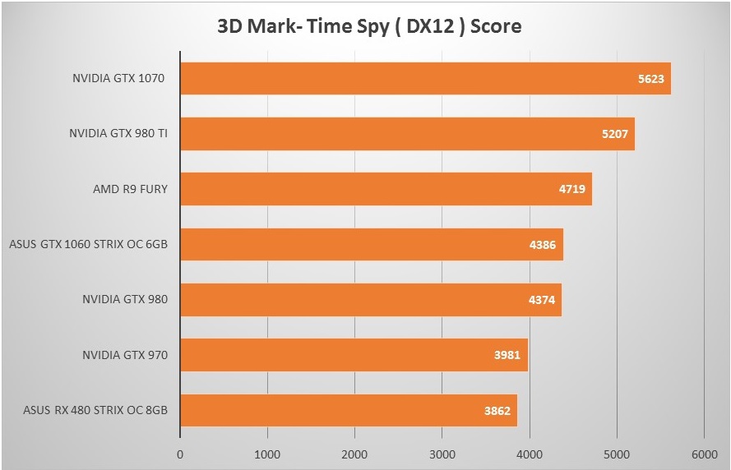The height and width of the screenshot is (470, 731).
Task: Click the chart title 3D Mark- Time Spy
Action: (x=369, y=27)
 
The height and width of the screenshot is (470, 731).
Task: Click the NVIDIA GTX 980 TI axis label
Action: (x=119, y=134)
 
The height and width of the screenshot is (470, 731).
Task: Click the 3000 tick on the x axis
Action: (x=442, y=453)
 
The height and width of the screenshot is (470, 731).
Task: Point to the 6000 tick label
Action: (x=704, y=453)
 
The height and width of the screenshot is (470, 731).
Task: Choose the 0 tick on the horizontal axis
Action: (x=180, y=453)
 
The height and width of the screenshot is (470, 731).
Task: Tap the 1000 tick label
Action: (x=267, y=453)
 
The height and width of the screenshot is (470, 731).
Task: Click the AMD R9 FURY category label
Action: (x=131, y=189)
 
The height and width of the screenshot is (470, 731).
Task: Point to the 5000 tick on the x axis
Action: (x=617, y=453)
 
